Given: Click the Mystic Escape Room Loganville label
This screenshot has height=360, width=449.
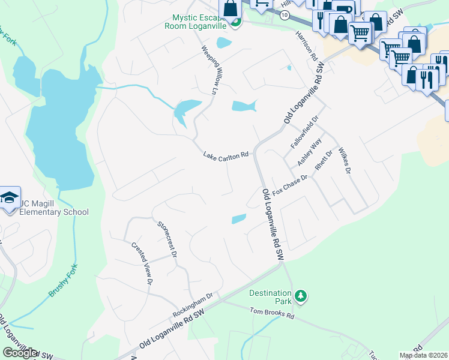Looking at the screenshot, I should coord(197,22).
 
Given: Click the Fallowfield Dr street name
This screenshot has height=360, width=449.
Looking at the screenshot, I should coord(303,134).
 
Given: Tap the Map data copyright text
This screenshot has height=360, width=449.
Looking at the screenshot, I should coord(423,355).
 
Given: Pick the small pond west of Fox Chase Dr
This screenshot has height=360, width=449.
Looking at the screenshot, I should coord(239,219).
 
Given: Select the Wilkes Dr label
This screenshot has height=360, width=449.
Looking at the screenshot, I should coord(343,160).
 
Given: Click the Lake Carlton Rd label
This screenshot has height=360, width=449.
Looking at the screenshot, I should coord(226,155).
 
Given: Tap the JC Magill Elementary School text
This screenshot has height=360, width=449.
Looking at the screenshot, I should coord(54,208).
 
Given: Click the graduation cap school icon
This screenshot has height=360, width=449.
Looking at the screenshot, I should coord(9,199).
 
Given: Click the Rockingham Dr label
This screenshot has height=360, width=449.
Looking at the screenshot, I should coord(193,305).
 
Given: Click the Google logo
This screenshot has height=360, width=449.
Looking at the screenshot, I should coord(20,353).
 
